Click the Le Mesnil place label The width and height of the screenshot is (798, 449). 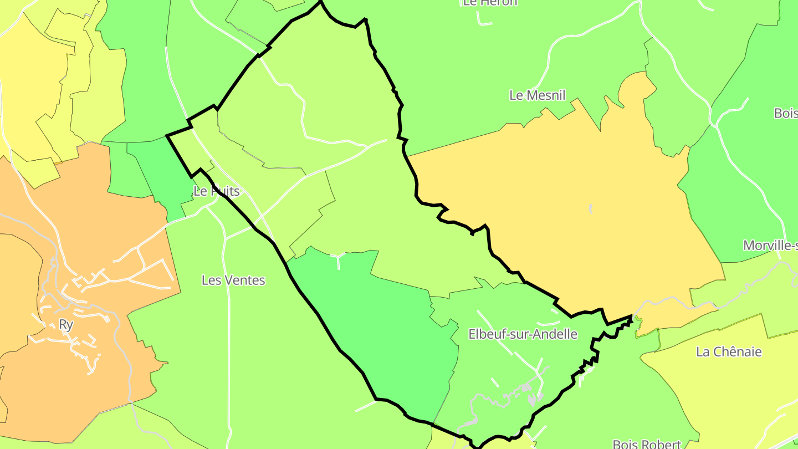tap(537, 95)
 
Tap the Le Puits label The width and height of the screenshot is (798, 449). tap(217, 191)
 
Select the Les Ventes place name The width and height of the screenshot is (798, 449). tap(233, 280)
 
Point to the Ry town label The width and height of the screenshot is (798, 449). tap(66, 325)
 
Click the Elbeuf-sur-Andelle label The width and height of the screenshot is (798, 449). tap(523, 334)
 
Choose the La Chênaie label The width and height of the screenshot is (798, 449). tap(729, 352)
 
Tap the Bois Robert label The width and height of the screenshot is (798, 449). tap(647, 444)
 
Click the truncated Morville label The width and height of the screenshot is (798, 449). tap(770, 246)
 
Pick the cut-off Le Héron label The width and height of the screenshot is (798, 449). tap(490, 3)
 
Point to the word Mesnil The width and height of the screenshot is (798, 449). tap(545, 95)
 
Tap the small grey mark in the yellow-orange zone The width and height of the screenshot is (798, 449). tap(591, 208)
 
